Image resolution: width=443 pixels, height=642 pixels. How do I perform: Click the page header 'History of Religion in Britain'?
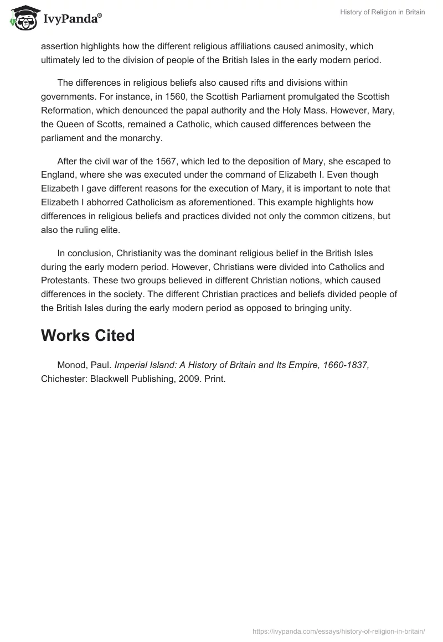(x=382, y=12)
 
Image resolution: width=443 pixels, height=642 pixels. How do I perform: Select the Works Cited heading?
(x=87, y=335)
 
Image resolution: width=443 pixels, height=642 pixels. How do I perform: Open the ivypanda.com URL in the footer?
(x=339, y=631)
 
